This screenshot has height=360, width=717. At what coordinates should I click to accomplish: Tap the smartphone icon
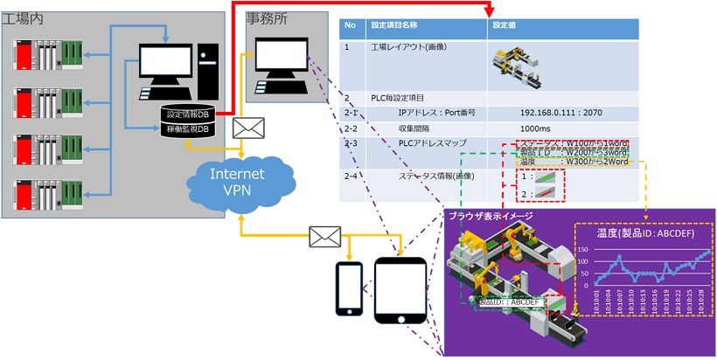pos(349,287)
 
